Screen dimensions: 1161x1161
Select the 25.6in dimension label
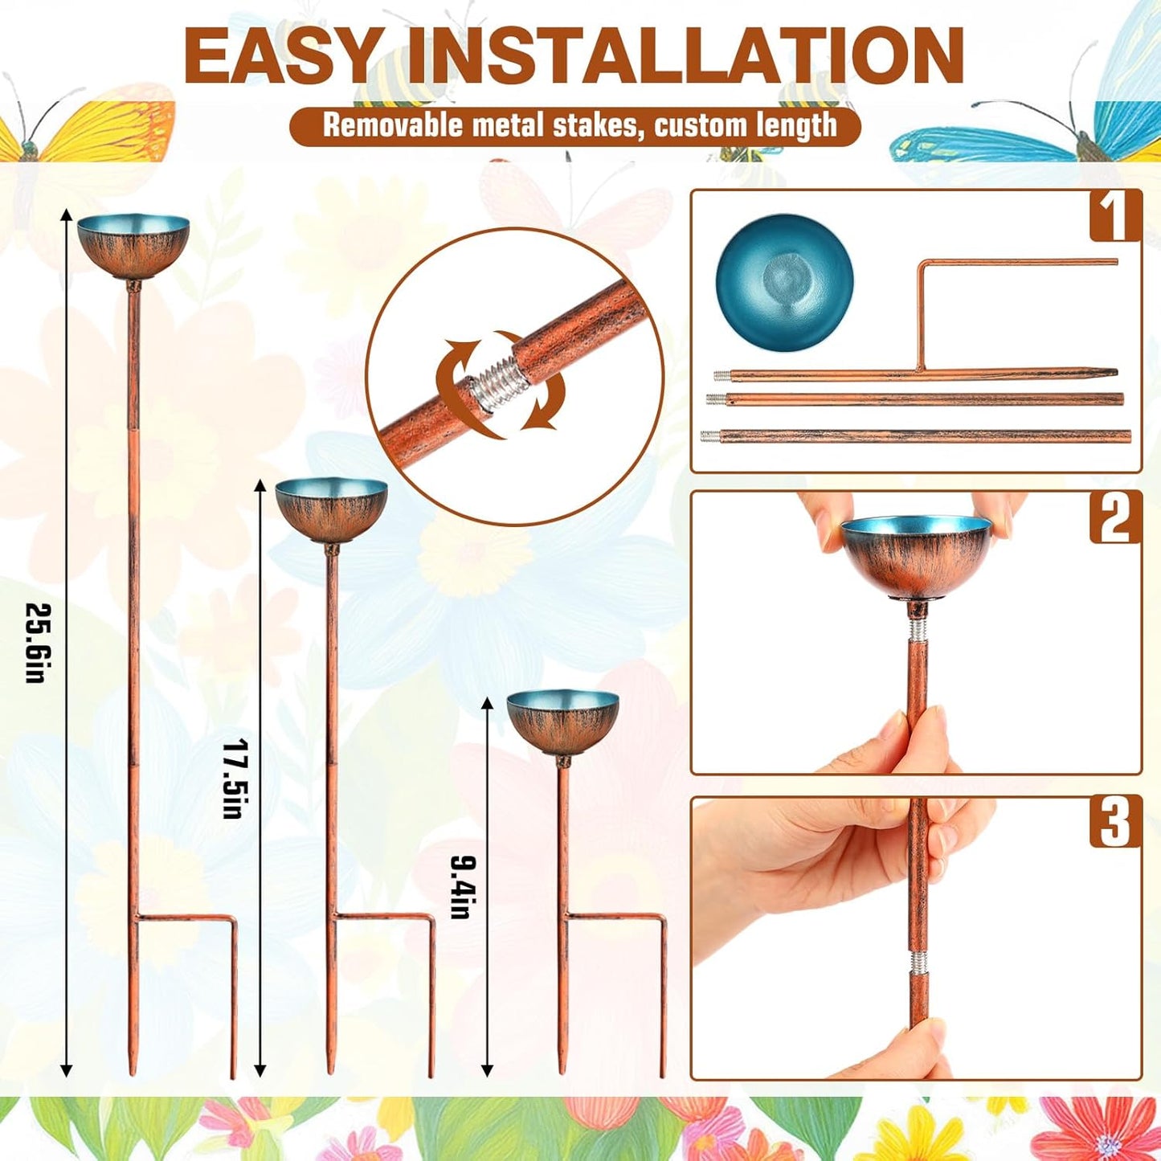(35, 643)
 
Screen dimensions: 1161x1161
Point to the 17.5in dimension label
(232, 778)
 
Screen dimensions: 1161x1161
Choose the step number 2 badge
(1115, 517)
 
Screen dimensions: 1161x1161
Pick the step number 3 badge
(1115, 822)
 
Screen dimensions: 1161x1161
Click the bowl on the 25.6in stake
(133, 244)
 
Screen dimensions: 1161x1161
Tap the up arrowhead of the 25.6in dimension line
(67, 215)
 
